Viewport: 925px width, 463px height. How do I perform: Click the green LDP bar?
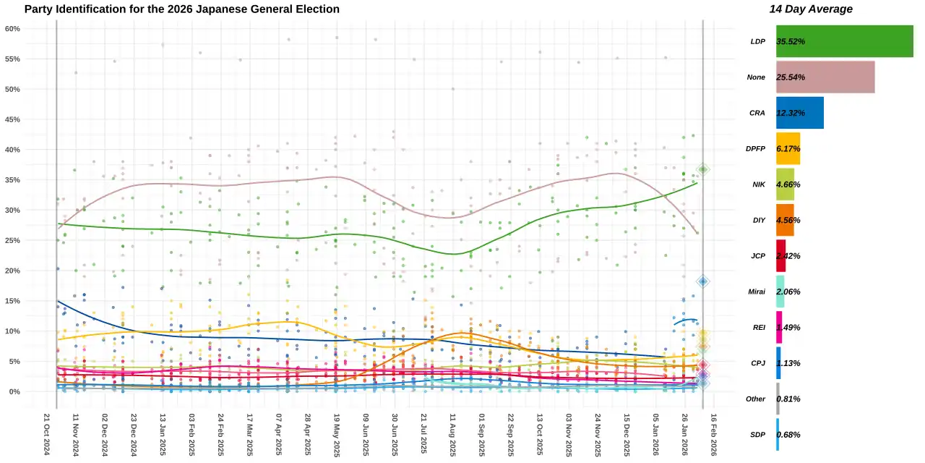(x=845, y=41)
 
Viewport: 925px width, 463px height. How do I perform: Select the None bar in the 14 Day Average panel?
(x=825, y=77)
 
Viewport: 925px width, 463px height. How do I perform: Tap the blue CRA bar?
(x=800, y=113)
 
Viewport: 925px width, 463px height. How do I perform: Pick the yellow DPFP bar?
(x=788, y=149)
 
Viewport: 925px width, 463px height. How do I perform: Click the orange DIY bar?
(x=785, y=220)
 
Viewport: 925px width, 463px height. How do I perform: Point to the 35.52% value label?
(x=791, y=41)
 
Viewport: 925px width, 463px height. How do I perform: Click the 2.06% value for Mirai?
(x=788, y=292)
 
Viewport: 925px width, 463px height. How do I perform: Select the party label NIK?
(x=759, y=184)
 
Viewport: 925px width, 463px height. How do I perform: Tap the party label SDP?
(x=757, y=435)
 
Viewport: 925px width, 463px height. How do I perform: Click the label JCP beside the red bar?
(x=758, y=256)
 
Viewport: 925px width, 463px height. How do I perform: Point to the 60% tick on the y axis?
(x=12, y=28)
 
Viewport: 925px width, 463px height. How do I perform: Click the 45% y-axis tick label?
(x=12, y=119)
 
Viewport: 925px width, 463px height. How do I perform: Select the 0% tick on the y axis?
(x=14, y=391)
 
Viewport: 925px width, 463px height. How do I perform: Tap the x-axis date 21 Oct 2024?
(x=47, y=434)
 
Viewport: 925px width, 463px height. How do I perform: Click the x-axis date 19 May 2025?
(x=337, y=435)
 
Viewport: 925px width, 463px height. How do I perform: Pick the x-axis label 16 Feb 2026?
(x=713, y=435)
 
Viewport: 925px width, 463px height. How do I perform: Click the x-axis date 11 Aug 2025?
(x=452, y=435)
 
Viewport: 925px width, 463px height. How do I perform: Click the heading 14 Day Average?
(x=811, y=9)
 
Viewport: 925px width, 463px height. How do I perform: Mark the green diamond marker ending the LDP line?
(x=703, y=169)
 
